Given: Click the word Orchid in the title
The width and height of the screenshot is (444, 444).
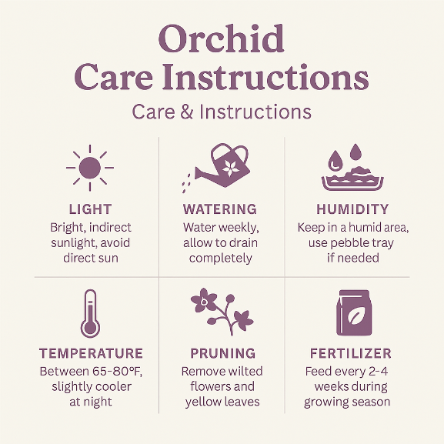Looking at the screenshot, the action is (x=221, y=38).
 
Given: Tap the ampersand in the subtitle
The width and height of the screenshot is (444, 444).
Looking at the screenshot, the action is (x=187, y=112).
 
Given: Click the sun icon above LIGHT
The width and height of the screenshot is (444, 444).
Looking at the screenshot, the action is (x=90, y=168).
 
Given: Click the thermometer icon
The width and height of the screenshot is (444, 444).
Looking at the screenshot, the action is (x=90, y=313).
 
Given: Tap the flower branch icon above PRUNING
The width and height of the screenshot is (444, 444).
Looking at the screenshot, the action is (x=222, y=312).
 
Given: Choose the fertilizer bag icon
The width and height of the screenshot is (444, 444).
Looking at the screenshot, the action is (x=354, y=312).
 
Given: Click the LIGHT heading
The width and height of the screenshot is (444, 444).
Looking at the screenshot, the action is (x=90, y=209).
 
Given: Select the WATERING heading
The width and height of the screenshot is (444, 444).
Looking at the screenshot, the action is (x=220, y=209).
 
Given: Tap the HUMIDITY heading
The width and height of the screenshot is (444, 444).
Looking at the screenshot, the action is (x=352, y=209).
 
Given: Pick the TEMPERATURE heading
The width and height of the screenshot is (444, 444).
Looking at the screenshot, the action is (x=91, y=353).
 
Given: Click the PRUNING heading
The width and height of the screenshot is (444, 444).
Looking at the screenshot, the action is (x=223, y=353).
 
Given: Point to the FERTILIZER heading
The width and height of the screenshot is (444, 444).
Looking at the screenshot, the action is (x=351, y=353).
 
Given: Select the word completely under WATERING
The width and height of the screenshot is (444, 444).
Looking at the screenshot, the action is (x=221, y=259).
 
